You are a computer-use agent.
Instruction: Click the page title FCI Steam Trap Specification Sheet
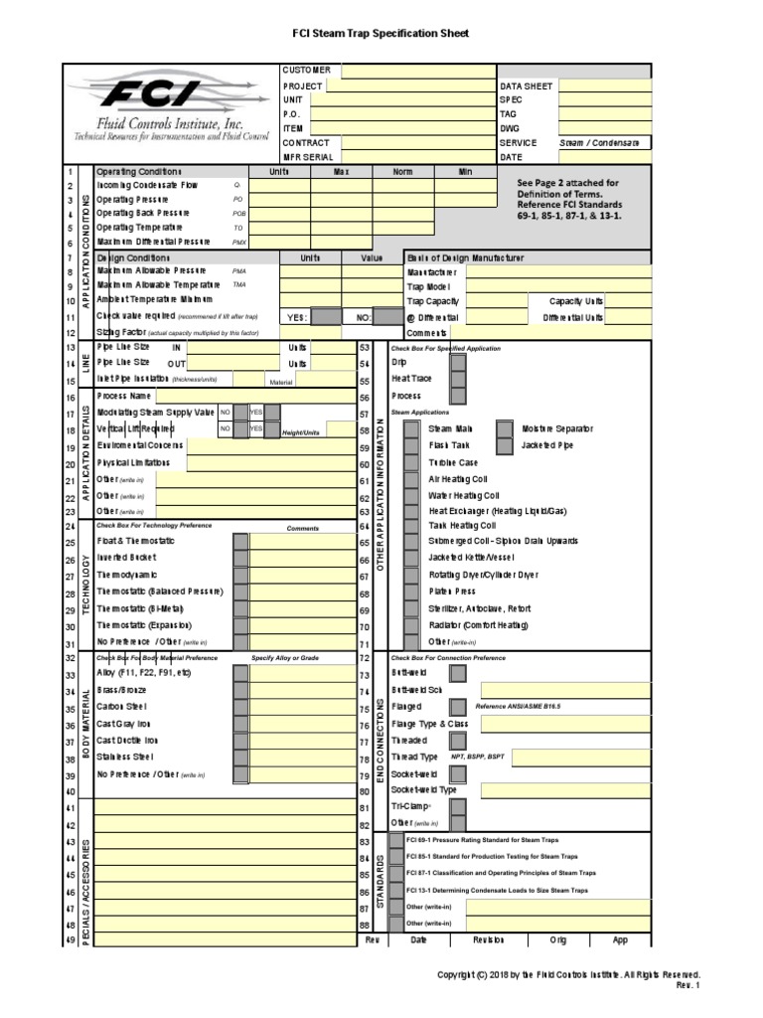pos(381,34)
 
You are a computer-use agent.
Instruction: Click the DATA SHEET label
pos(526,86)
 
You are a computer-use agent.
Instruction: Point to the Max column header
pos(342,172)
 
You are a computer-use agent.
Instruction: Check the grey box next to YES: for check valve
pos(325,317)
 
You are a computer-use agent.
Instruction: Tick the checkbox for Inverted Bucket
pos(240,559)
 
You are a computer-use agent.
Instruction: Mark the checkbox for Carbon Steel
pos(240,708)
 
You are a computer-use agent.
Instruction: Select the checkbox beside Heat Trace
pos(458,379)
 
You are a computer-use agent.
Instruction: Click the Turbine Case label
pos(452,463)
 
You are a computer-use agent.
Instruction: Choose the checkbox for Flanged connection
pos(458,707)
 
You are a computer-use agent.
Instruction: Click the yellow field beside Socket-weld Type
pos(565,790)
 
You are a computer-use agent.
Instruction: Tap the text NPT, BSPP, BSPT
pos(476,757)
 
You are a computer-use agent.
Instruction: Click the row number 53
pos(364,347)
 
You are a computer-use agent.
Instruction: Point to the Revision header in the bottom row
pos(488,939)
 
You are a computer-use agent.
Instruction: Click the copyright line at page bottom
pos(568,974)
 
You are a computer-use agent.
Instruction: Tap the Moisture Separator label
pos(556,428)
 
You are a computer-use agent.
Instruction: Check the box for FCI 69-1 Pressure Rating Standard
pos(396,840)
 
